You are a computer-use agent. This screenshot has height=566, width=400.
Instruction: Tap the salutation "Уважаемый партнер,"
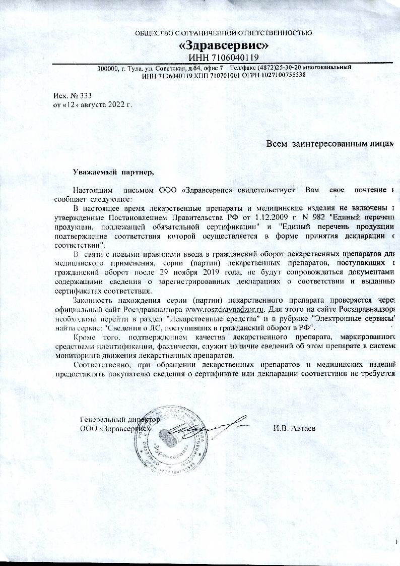point(113,173)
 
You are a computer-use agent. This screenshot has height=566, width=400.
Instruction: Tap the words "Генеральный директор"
point(120,420)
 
